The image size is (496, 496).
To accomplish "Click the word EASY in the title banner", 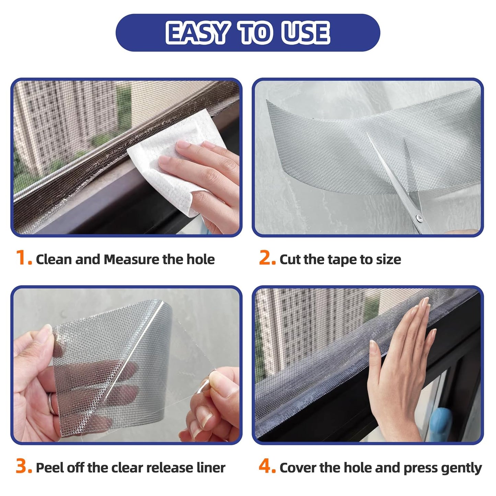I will (x=197, y=33).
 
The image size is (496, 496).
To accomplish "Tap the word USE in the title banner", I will (x=305, y=33).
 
